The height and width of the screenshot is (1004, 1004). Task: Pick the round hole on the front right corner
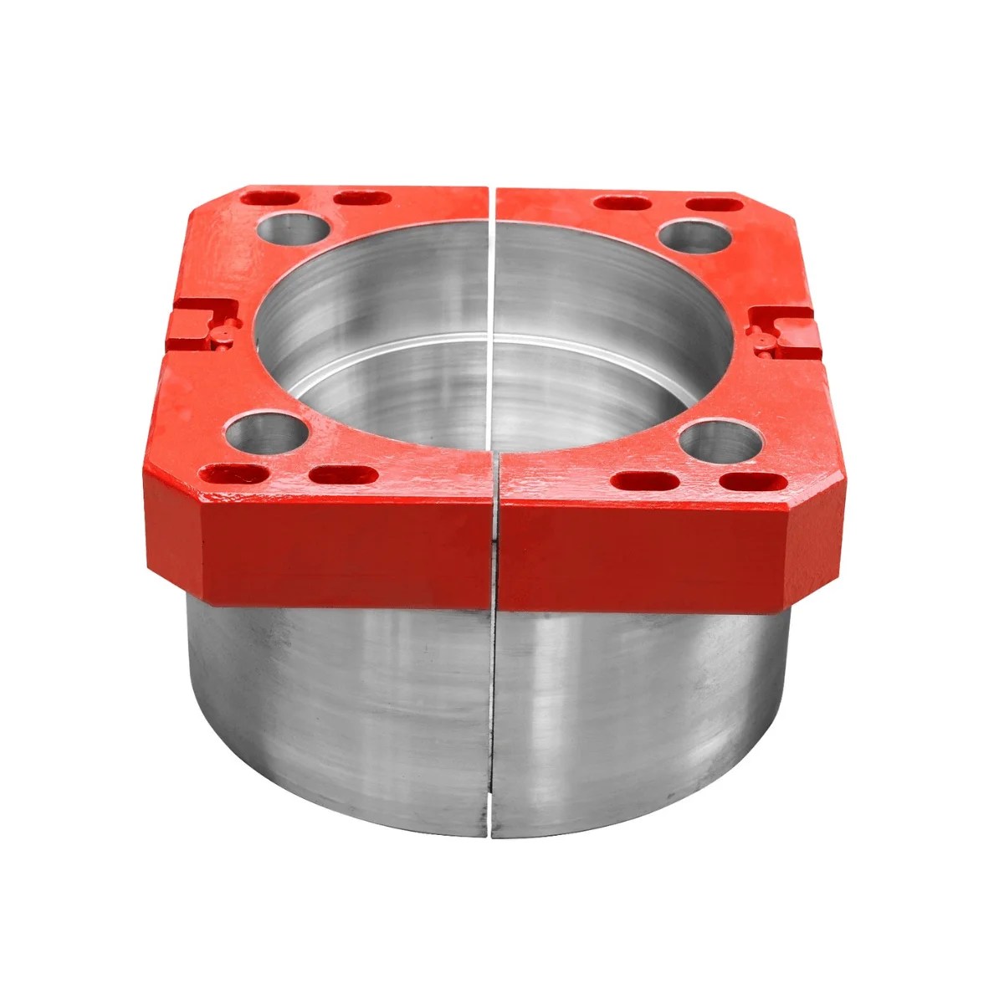click(720, 441)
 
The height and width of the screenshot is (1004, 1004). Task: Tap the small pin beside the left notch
click(224, 336)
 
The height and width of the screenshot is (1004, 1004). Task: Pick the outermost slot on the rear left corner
click(273, 200)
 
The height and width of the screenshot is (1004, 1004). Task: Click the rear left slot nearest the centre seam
click(361, 199)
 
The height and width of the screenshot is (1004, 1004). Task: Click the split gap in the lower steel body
click(488, 711)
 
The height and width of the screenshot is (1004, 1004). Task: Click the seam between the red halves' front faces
click(494, 552)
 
